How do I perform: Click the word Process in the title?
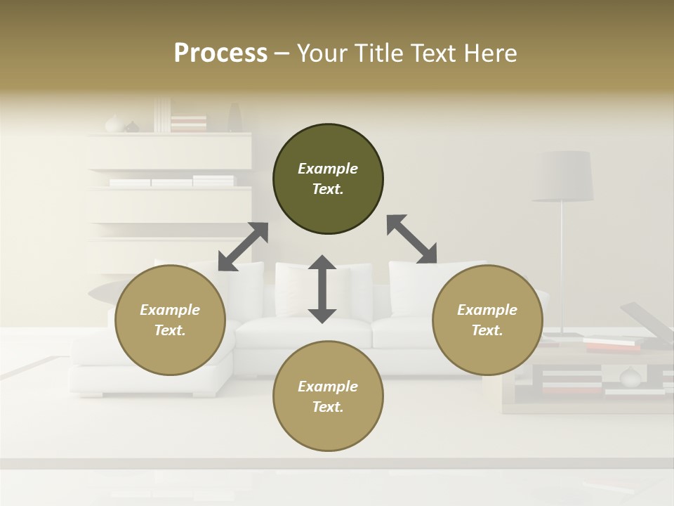point(220,53)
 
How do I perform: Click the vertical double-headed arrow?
point(322,289)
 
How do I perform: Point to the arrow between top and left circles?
point(243,247)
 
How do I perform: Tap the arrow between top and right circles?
point(412,239)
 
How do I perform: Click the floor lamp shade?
point(562,176)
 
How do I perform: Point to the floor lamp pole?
point(562,267)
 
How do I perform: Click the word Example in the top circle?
point(328,169)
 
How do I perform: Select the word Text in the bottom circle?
point(326,407)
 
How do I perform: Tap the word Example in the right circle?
point(487,310)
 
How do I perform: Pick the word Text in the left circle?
point(169,330)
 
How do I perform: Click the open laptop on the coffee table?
point(646,323)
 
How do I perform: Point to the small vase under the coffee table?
point(630,377)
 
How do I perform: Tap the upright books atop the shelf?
point(162,115)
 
